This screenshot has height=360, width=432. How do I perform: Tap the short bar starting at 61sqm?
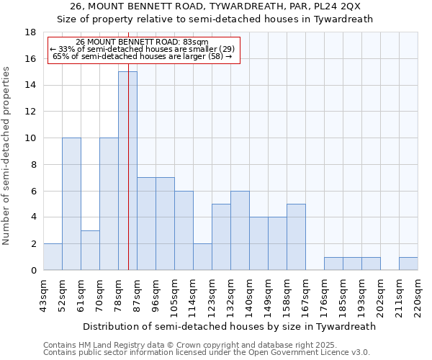(90, 250)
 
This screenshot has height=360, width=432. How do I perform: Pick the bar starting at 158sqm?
(296, 237)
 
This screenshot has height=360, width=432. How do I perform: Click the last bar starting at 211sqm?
(408, 264)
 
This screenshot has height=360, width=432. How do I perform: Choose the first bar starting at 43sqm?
(53, 257)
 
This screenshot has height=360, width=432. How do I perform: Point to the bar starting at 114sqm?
(202, 257)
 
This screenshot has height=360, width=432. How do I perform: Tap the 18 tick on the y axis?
(31, 32)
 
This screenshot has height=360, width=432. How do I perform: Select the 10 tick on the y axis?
(31, 138)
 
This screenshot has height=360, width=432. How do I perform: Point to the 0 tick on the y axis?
(33, 271)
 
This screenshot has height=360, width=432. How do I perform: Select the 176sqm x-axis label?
(325, 295)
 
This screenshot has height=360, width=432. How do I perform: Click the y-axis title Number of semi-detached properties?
(7, 156)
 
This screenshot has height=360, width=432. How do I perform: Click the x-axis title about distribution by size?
(230, 326)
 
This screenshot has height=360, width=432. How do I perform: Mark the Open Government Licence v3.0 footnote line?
(206, 353)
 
